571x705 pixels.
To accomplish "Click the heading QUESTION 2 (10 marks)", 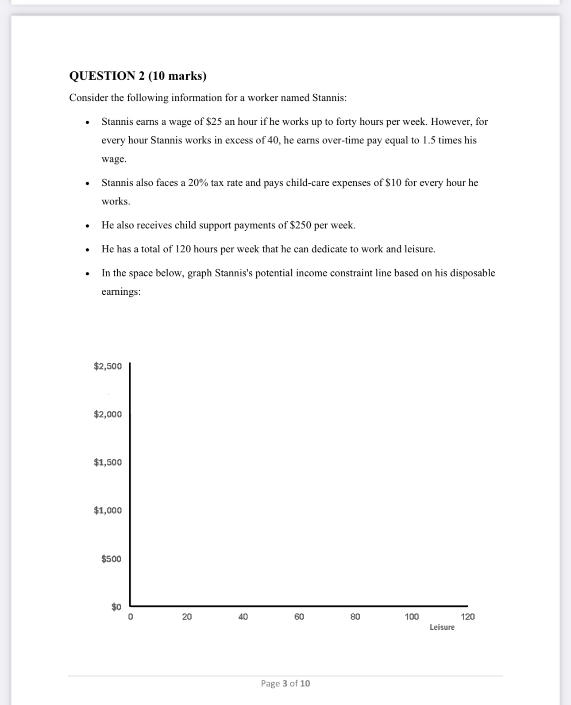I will (138, 76).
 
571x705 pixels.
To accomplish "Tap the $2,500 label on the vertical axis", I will (108, 366).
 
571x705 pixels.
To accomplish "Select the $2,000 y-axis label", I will (108, 414).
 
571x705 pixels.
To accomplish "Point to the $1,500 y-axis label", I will (108, 462).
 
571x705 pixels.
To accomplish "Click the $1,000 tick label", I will (108, 510).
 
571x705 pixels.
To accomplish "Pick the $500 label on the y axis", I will (111, 559).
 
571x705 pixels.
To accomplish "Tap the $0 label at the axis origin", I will (116, 607).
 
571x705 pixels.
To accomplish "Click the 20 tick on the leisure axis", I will (187, 616).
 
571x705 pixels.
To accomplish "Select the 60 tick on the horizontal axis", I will (299, 616).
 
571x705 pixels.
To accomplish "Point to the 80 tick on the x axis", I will (355, 616).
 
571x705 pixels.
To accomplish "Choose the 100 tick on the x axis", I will (412, 616).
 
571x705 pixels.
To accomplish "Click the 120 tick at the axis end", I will (467, 616).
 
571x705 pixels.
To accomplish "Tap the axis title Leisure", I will (442, 627).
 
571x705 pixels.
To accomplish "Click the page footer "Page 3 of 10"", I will (285, 683).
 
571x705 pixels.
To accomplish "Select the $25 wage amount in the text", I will (214, 122).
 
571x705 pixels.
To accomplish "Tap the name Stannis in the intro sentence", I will (329, 98).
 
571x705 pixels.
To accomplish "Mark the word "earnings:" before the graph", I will (121, 292).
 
